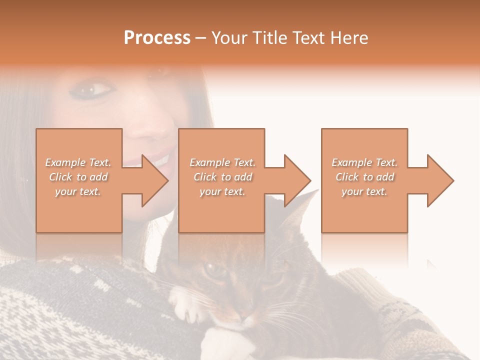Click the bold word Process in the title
pos(157,38)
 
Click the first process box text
pos(78,177)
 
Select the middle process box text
pos(222,177)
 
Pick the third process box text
pos(364,177)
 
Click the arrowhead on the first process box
pos(153,181)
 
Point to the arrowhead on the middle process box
pos(296,181)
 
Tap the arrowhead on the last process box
pos(439,181)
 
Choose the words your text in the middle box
pos(222,191)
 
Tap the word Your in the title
pos(230,38)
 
